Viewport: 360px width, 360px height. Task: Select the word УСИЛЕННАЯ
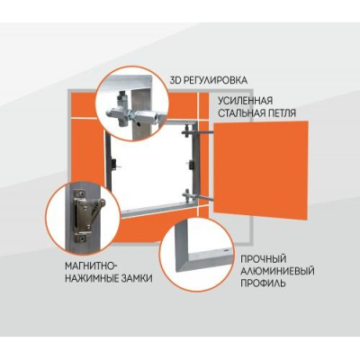click(x=246, y=100)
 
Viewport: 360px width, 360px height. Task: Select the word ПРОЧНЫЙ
click(x=264, y=258)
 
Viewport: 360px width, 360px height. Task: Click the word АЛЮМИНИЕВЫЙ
click(x=277, y=271)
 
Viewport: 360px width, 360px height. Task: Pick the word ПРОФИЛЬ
click(x=263, y=283)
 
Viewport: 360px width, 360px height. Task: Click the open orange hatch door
click(x=260, y=170)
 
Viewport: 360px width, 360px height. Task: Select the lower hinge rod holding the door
click(x=200, y=195)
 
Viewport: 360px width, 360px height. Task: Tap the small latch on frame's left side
click(x=114, y=164)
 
